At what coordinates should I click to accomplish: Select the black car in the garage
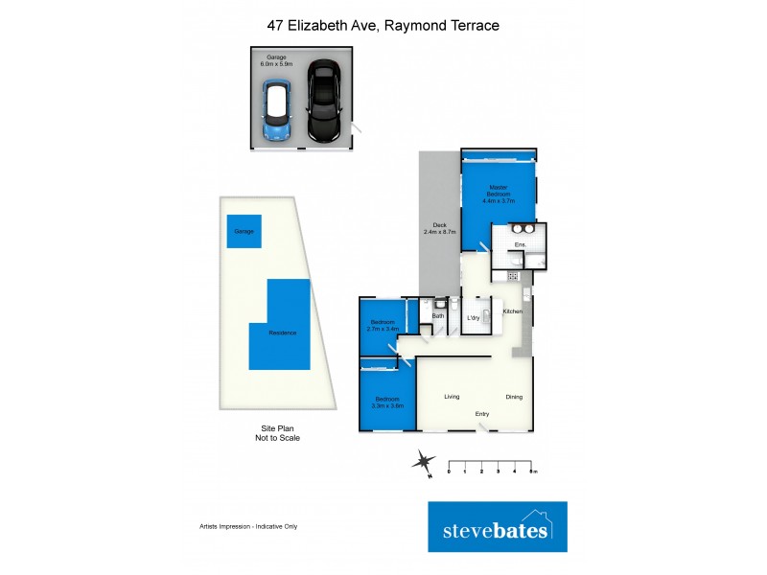pyautogui.click(x=323, y=102)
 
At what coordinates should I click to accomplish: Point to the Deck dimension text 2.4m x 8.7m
pyautogui.click(x=439, y=230)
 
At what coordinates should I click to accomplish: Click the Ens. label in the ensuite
pyautogui.click(x=519, y=246)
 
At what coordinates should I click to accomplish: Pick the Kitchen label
pyautogui.click(x=513, y=312)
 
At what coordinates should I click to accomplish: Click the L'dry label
pyautogui.click(x=473, y=317)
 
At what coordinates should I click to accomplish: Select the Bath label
pyautogui.click(x=438, y=315)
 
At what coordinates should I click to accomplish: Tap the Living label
pyautogui.click(x=453, y=396)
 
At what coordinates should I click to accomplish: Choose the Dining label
pyautogui.click(x=514, y=396)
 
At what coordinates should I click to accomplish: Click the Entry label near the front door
pyautogui.click(x=482, y=414)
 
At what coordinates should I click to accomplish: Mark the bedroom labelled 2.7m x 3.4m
pyautogui.click(x=382, y=326)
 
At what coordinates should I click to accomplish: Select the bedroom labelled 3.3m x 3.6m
pyautogui.click(x=387, y=402)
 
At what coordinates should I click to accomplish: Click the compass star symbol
pyautogui.click(x=422, y=463)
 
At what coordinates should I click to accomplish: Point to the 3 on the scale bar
pyautogui.click(x=499, y=471)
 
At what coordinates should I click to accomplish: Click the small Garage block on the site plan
pyautogui.click(x=244, y=231)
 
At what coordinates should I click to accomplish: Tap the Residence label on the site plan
pyautogui.click(x=282, y=333)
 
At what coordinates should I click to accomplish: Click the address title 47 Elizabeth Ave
pyautogui.click(x=383, y=26)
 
